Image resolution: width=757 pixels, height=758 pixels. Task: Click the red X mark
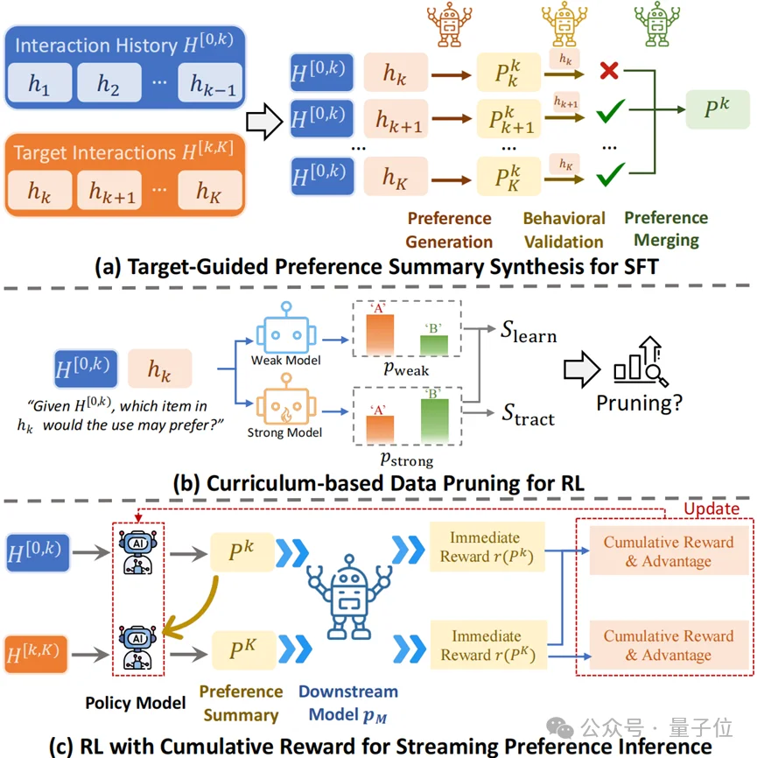point(609,72)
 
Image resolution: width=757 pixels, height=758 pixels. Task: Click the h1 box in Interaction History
point(39,85)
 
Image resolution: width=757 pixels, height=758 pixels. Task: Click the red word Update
point(711,509)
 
